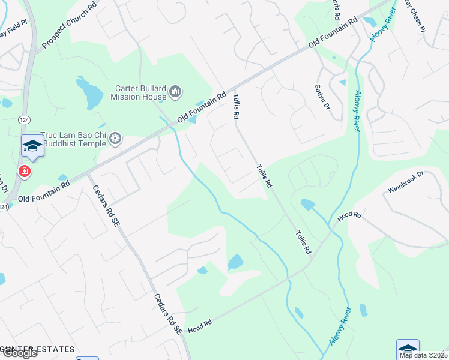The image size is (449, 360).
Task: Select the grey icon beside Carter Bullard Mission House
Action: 175,91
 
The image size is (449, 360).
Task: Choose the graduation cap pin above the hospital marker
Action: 32,146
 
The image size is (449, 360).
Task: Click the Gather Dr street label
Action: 323,97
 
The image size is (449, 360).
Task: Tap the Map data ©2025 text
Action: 423,355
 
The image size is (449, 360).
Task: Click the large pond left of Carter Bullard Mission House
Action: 90,94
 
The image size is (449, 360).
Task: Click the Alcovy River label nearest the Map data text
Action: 340,325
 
